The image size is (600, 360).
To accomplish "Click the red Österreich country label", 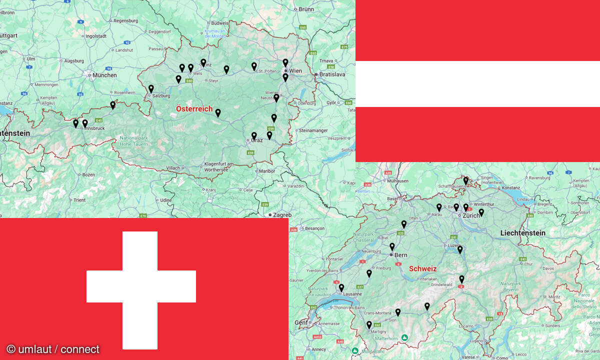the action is tap(194, 109).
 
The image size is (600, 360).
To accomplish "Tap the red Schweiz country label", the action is tap(422, 268).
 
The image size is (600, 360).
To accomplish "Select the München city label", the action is tap(104, 75).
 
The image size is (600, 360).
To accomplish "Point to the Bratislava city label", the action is tap(332, 74).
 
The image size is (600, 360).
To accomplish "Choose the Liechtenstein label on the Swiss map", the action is tap(522, 233).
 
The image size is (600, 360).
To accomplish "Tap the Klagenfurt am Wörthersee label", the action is tap(219, 167).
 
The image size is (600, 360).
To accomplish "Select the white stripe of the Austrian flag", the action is tap(477, 84).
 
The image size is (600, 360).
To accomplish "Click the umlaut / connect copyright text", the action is tap(52, 349).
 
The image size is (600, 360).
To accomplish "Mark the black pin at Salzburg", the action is tap(151, 88).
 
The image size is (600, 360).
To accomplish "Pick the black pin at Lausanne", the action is tap(341, 287).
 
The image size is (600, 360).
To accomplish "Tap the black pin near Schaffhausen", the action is tap(465, 180).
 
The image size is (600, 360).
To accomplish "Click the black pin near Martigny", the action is tap(369, 324).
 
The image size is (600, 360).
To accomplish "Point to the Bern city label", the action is tap(400, 255).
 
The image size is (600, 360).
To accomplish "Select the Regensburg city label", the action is tap(125, 21).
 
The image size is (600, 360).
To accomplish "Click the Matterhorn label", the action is tap(383, 338).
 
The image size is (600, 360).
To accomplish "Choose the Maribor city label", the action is tap(266, 171).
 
